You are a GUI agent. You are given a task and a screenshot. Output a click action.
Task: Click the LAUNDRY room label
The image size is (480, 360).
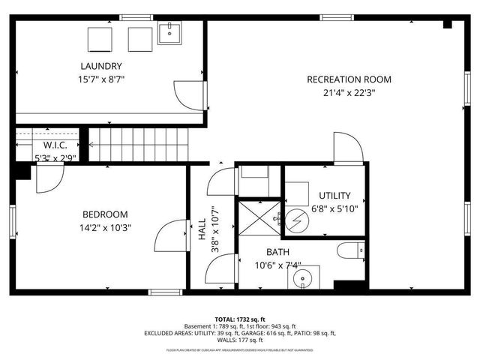coord(101,65)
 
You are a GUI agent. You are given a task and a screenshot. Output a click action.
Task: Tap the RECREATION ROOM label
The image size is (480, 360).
coord(349,79)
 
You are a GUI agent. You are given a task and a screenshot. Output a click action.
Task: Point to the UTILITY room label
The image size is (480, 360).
coord(334,196)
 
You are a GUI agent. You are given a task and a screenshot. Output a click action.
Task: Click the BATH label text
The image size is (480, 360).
coord(277,252)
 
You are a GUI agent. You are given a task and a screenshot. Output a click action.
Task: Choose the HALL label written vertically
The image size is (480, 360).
coord(202,234)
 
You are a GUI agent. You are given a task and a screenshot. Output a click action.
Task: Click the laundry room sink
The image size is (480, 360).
coord(170,34)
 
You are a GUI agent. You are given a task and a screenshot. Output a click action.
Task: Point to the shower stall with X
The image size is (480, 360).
coord(256,219)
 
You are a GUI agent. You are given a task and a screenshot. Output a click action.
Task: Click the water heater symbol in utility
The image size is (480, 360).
coord(295,220)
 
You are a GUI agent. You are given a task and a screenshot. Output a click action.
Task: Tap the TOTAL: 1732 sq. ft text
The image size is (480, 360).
coord(240,319)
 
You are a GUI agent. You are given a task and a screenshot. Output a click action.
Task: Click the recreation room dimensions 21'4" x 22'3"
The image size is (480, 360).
coord(349,94)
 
